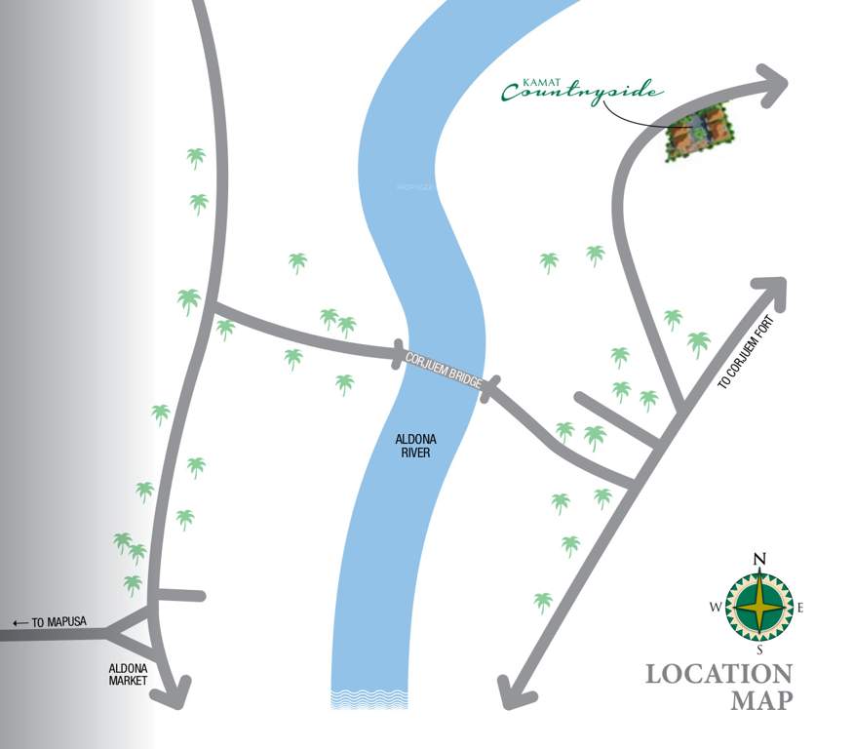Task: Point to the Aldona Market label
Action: pos(127,674)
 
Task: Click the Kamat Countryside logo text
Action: pos(582,91)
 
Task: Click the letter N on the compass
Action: pos(759,559)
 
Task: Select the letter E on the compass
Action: pos(801,608)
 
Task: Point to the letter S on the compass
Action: pos(759,650)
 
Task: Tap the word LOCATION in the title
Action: pos(718,674)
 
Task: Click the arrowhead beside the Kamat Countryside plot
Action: pos(775,83)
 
